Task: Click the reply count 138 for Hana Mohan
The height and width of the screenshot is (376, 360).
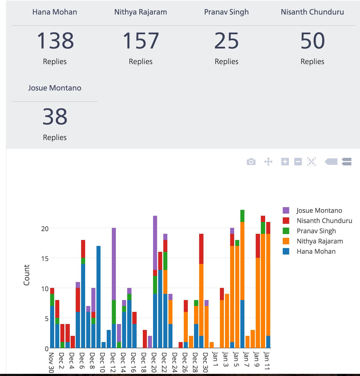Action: (x=55, y=41)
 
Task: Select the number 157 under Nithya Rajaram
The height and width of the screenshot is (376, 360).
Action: (x=141, y=41)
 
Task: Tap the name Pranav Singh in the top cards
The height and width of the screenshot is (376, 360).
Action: (x=226, y=12)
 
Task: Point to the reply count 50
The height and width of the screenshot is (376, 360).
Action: (x=312, y=41)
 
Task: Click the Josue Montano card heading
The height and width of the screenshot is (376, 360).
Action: (x=55, y=88)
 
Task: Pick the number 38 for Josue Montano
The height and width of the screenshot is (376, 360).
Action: (x=55, y=117)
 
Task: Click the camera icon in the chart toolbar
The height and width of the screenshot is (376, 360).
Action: (x=251, y=162)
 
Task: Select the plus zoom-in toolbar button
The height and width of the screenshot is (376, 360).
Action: (x=285, y=162)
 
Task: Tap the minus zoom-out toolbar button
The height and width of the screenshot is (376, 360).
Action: (x=298, y=162)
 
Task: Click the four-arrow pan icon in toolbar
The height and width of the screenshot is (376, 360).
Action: (x=268, y=162)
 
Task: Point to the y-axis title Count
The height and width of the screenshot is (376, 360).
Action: (x=26, y=275)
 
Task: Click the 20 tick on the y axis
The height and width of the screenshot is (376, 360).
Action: (x=45, y=229)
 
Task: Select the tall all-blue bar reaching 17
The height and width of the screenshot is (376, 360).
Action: (x=98, y=296)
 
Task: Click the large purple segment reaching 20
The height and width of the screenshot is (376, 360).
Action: (x=114, y=264)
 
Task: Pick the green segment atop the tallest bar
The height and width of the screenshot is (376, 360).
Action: (x=242, y=216)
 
